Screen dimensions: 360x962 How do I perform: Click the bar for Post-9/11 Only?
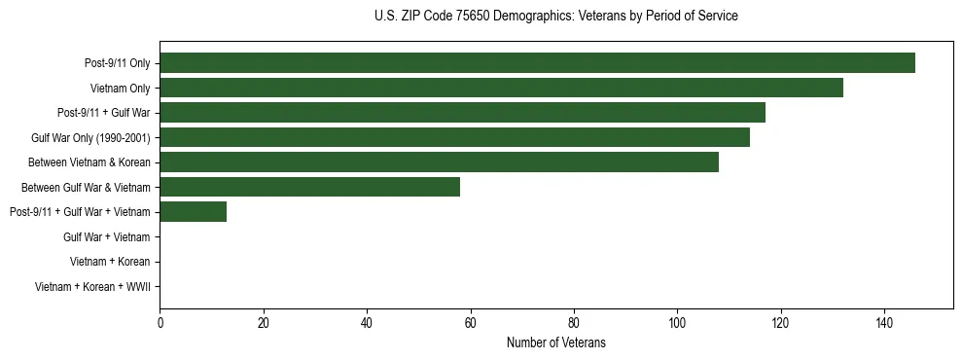click(x=537, y=63)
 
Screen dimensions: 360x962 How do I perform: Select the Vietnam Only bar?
click(x=501, y=88)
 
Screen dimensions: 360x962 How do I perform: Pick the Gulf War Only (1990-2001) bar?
click(x=454, y=137)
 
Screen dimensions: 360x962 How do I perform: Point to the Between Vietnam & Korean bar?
click(x=439, y=162)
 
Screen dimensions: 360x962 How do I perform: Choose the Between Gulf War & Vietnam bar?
click(x=309, y=187)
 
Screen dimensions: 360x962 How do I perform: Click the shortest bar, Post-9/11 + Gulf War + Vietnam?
click(x=193, y=211)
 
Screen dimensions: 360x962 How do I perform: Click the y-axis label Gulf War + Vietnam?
click(x=106, y=236)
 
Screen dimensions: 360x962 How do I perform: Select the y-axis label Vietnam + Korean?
click(x=110, y=262)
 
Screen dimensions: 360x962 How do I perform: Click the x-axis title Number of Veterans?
click(x=555, y=342)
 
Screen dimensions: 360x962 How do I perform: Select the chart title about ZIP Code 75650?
click(x=555, y=17)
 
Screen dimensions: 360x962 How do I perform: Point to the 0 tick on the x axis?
click(x=160, y=323)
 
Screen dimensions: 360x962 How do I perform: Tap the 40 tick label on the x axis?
click(x=367, y=323)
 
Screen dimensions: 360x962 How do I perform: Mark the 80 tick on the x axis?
click(x=574, y=323)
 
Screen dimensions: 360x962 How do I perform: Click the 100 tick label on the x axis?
click(x=677, y=323)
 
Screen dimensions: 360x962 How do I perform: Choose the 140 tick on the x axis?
click(x=884, y=323)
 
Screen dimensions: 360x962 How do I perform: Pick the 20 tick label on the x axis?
click(x=263, y=323)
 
